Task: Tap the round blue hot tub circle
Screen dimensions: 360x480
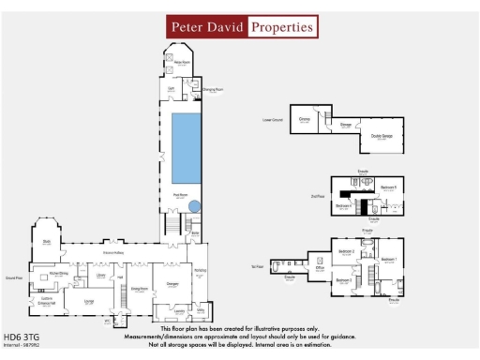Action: [x=194, y=206]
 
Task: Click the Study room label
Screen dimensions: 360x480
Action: [x=46, y=241]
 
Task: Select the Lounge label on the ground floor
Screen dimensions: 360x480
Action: [x=89, y=301]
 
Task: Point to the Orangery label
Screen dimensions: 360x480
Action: [x=172, y=282]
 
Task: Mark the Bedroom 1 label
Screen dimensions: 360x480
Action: [x=389, y=258]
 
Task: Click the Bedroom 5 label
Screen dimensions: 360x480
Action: [x=387, y=188]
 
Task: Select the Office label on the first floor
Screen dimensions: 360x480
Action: [x=320, y=268]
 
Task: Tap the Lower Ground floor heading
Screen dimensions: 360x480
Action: [x=273, y=122]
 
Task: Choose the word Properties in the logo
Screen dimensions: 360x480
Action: [x=280, y=27]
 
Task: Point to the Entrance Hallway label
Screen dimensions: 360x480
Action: [x=114, y=253]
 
